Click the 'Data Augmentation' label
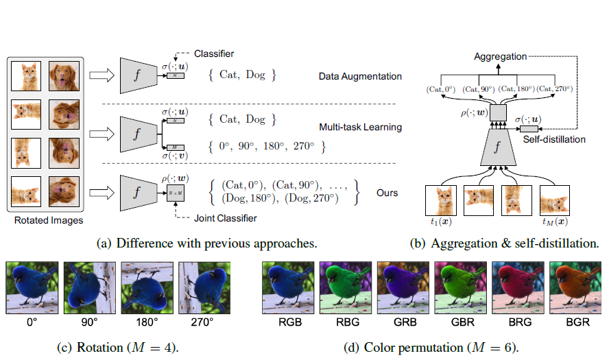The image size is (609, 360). [360, 77]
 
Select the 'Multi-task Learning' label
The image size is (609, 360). [361, 127]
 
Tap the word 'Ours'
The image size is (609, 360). [387, 193]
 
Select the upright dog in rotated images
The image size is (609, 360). [64, 76]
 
